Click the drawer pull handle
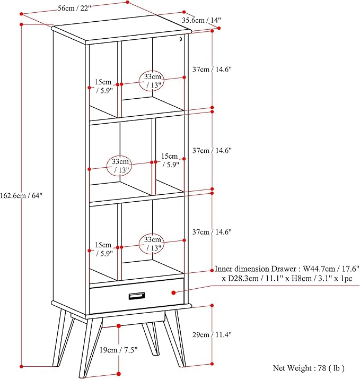pos(137,296)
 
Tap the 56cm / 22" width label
pos(75,8)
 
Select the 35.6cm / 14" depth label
pos(201,20)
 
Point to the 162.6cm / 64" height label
pos(21,195)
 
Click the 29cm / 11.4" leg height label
pos(212,334)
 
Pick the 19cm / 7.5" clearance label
pos(119,350)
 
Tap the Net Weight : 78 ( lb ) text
pos(309,368)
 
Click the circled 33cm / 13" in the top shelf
pos(152,81)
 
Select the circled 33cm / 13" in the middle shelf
pos(120,166)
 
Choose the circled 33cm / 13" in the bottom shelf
pos(152,244)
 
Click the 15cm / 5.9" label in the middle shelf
pos(170,160)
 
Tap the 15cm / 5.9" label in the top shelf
pos(104,86)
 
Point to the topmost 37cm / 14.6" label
pos(212,70)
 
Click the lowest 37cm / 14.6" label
pos(212,232)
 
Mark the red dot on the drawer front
pos(173,292)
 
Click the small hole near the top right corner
pos(181,39)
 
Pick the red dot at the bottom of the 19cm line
pos(119,374)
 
